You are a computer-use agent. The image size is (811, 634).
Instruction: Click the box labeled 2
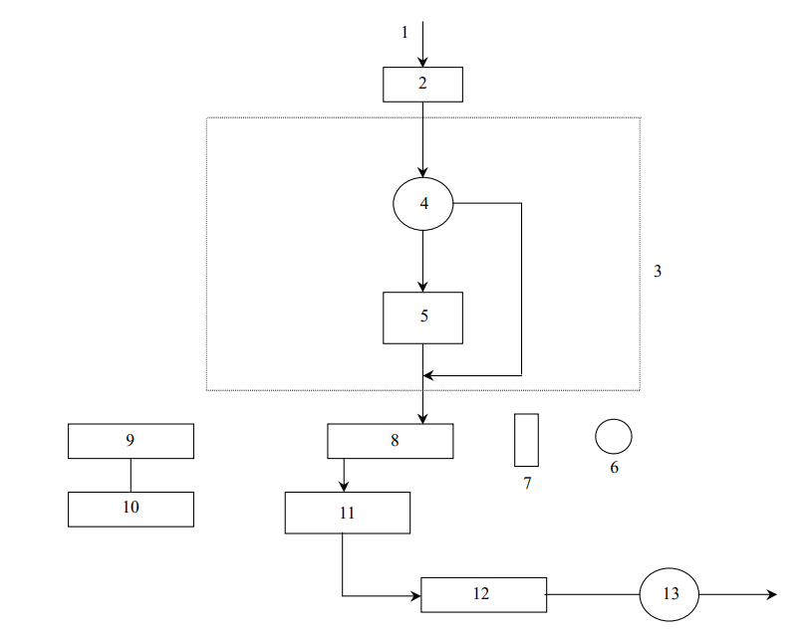click(422, 85)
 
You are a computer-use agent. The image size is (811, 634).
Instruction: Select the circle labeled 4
click(423, 204)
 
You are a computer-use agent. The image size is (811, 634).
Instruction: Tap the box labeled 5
click(422, 317)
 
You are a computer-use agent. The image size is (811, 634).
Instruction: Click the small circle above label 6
click(614, 436)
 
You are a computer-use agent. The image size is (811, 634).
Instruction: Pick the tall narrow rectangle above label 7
click(526, 440)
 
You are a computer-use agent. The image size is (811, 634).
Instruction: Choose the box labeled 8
click(390, 441)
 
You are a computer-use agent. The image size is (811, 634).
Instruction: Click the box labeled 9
click(131, 441)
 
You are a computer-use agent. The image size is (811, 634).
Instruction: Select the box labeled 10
click(131, 509)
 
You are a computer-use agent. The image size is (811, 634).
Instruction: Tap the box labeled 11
click(347, 513)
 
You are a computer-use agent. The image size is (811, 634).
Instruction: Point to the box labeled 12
click(483, 594)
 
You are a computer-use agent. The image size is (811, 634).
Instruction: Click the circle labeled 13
click(670, 594)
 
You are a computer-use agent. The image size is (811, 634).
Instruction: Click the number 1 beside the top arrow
click(405, 32)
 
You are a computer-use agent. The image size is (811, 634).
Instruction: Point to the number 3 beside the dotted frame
click(658, 271)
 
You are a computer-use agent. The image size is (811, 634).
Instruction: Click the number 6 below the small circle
click(614, 468)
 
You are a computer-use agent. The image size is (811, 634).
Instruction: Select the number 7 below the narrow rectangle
click(527, 484)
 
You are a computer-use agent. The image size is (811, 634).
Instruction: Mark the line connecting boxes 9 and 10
click(131, 475)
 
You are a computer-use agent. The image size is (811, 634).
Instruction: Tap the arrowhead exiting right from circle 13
click(770, 594)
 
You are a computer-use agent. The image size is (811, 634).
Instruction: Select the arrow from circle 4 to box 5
click(423, 261)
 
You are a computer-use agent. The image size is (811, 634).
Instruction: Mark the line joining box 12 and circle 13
click(593, 594)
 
